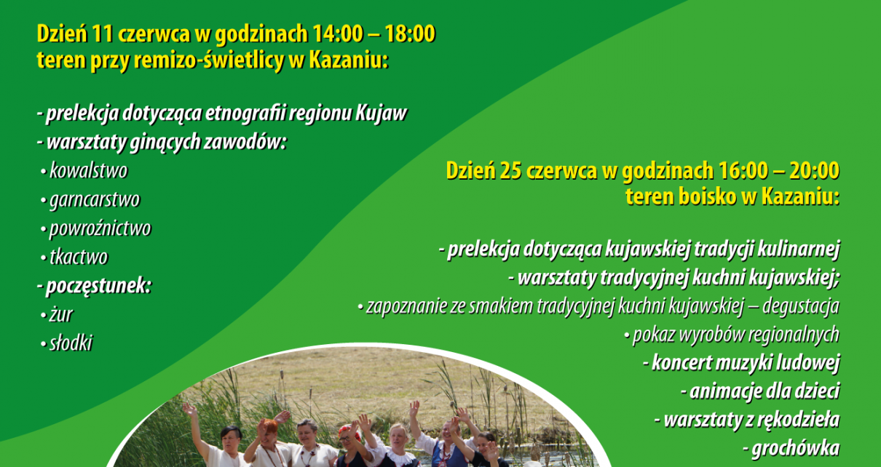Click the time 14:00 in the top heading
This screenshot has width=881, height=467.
tap(338, 33)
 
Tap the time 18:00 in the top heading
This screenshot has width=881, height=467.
tap(410, 33)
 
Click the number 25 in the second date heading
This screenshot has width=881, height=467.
tap(510, 172)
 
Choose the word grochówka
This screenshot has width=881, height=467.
tap(796, 449)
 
